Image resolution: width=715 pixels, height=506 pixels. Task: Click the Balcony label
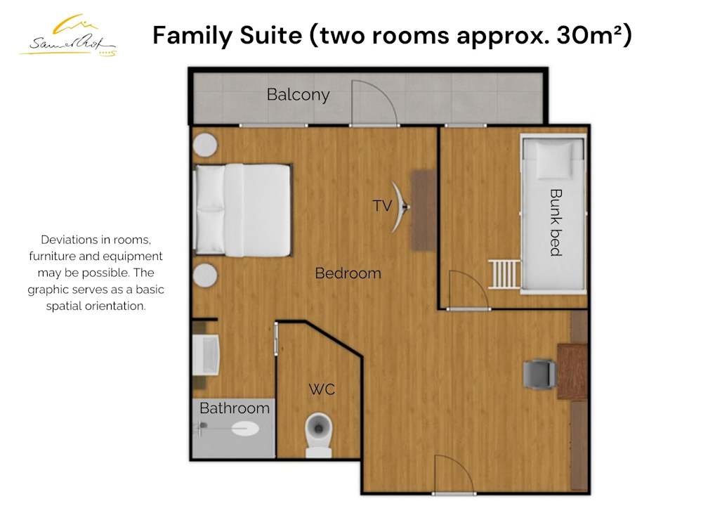(x=299, y=95)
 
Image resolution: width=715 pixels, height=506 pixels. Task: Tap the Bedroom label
(x=348, y=273)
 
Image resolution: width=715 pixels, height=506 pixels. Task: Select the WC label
(x=322, y=389)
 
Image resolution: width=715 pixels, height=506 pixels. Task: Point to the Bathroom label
(x=235, y=408)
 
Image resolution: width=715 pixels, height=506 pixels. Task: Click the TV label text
(x=382, y=206)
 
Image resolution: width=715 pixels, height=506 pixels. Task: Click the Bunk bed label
(x=556, y=223)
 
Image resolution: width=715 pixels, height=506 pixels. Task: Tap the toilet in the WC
(x=318, y=435)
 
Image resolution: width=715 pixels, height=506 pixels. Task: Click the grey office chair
(x=540, y=374)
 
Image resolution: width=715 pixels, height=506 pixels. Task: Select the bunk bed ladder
(x=504, y=274)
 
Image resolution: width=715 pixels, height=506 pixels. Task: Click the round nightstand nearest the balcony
(x=205, y=145)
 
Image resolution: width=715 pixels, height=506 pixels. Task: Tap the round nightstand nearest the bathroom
(x=205, y=275)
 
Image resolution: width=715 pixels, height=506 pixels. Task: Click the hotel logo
(x=68, y=37)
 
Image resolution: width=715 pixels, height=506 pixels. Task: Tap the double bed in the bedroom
(x=243, y=210)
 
